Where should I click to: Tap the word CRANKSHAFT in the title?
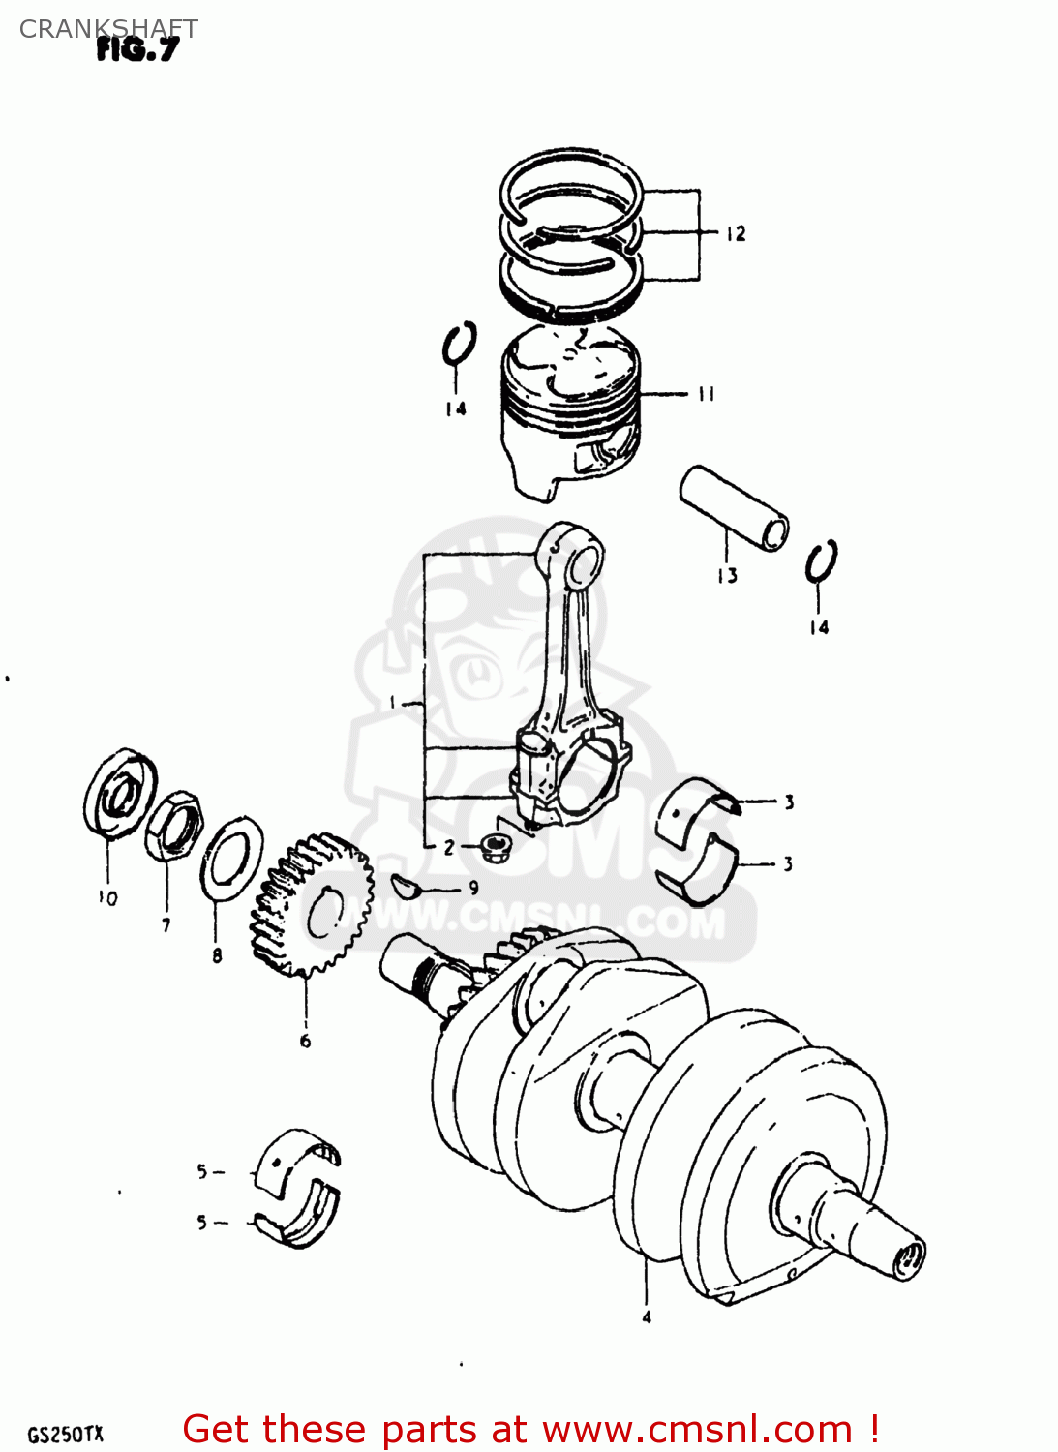tap(107, 29)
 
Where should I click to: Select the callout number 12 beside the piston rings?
tap(736, 233)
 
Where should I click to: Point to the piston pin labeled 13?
tap(734, 508)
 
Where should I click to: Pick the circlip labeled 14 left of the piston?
tap(459, 346)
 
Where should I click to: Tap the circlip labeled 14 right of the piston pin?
tap(821, 562)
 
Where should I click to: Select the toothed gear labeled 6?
tap(312, 906)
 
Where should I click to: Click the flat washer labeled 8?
tap(231, 857)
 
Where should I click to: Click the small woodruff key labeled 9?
tap(405, 884)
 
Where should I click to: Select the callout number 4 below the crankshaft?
tap(647, 1316)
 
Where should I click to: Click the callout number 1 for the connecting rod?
tap(394, 702)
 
